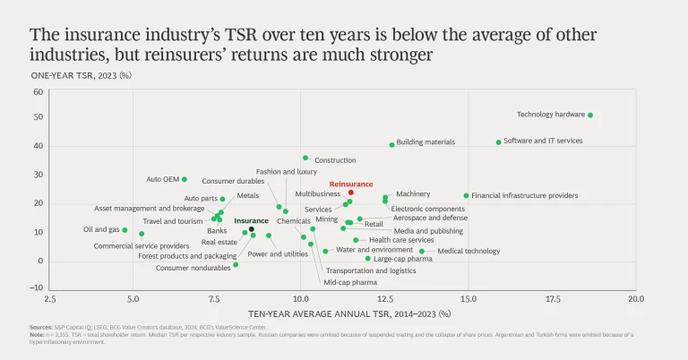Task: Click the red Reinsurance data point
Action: (351, 193)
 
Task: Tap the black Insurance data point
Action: (252, 229)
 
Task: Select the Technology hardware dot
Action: (590, 115)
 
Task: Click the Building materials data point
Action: (391, 144)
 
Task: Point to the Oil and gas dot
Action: (125, 230)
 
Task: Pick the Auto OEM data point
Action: (185, 179)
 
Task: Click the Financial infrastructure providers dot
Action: (466, 195)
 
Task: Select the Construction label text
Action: (335, 160)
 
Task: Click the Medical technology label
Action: (469, 251)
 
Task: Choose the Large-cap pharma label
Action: (402, 260)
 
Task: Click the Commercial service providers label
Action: (142, 245)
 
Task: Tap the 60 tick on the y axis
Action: (39, 91)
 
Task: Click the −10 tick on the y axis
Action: (37, 290)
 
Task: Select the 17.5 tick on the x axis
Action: (553, 296)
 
